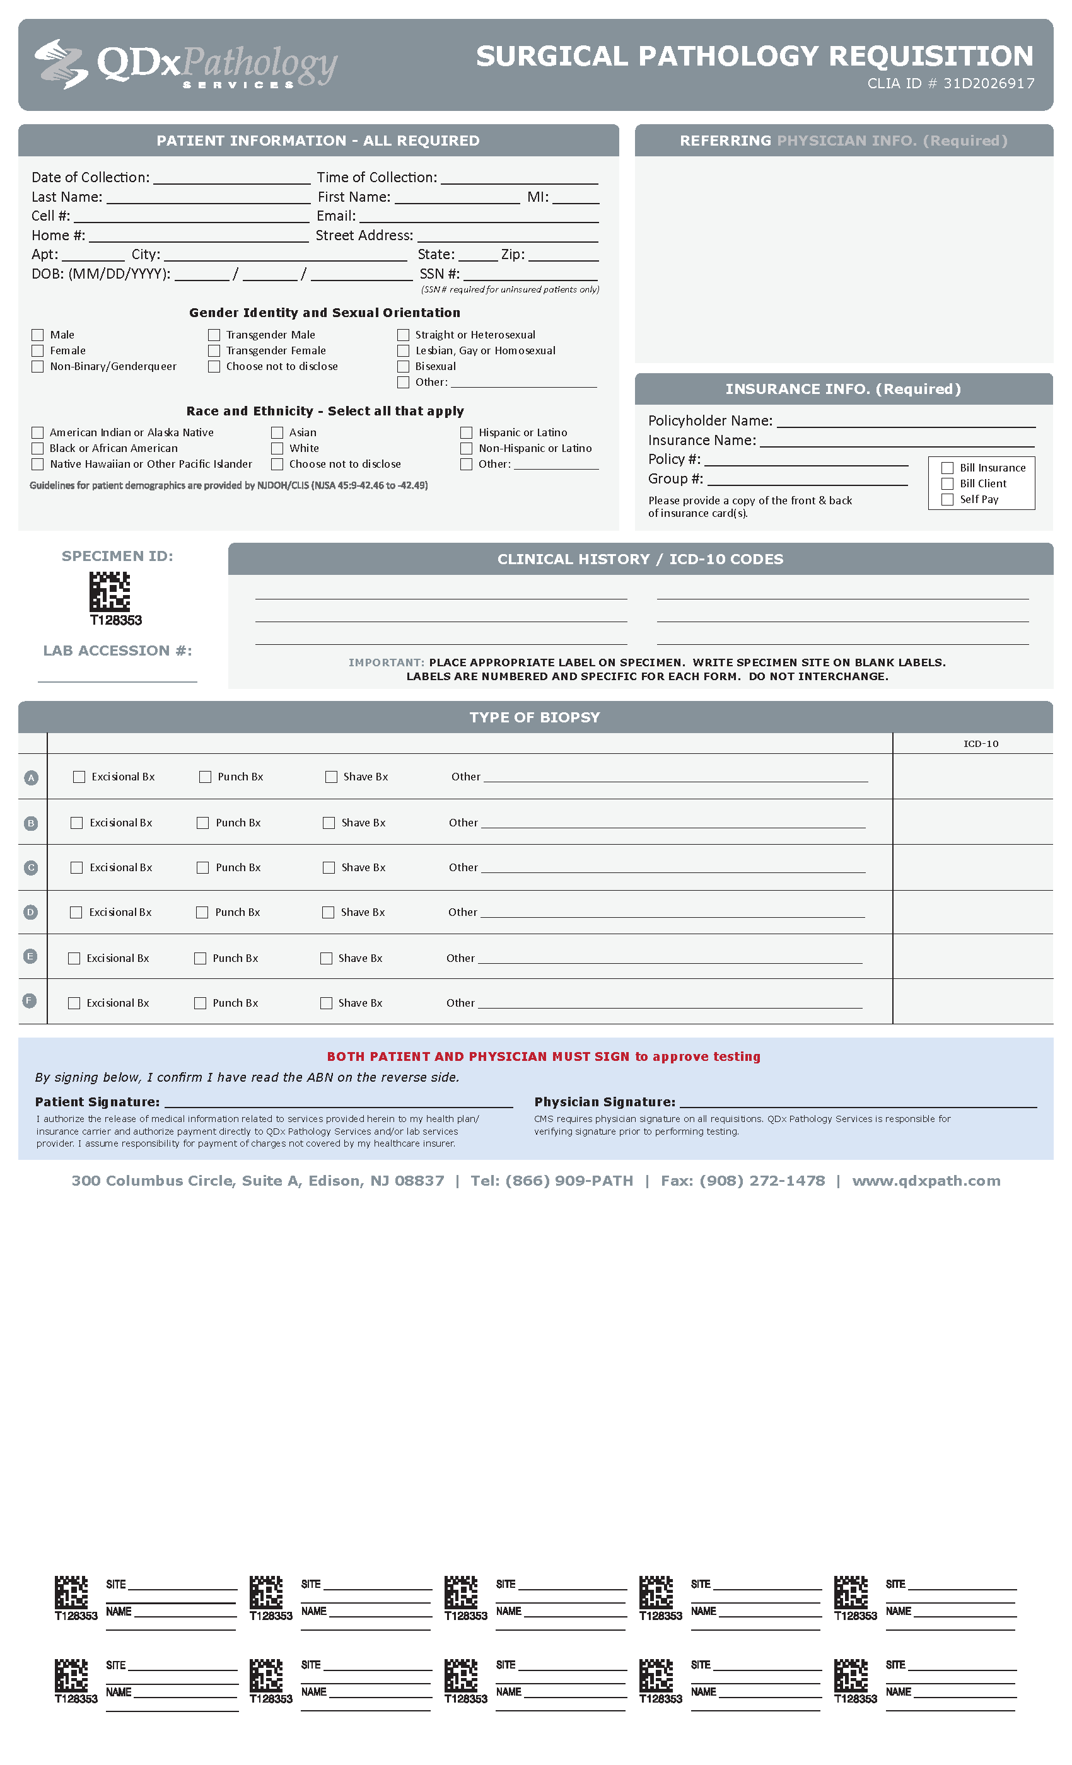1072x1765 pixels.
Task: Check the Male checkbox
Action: [x=37, y=335]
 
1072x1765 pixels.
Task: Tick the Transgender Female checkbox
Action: [x=214, y=350]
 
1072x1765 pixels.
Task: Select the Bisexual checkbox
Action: [x=404, y=366]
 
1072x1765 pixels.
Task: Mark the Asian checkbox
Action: [x=277, y=432]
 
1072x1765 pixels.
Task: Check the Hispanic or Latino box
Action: [x=467, y=432]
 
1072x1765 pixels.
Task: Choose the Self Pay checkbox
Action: [x=947, y=499]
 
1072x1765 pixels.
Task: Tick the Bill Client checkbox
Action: [x=947, y=483]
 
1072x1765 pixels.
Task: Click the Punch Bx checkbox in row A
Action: [x=206, y=777]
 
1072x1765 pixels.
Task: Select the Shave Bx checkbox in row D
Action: [x=328, y=912]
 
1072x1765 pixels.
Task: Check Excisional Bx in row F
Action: [x=74, y=1003]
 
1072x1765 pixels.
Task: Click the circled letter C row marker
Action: [x=31, y=867]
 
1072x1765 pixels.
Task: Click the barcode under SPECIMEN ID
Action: [x=110, y=591]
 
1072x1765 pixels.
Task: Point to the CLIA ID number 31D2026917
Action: [x=989, y=84]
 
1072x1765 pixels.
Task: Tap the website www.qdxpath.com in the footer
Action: [x=926, y=1181]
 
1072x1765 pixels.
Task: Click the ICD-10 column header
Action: [x=981, y=744]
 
